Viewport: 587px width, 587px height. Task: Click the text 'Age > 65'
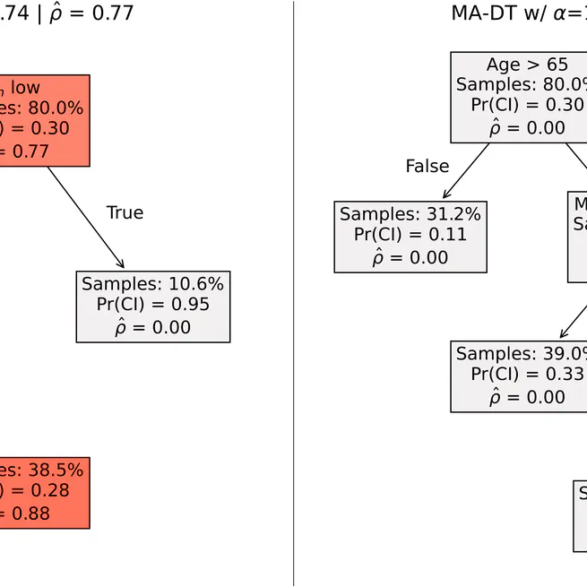point(527,65)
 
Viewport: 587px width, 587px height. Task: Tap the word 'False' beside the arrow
point(427,166)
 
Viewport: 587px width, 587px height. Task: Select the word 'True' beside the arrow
point(125,212)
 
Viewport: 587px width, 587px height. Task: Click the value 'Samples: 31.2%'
point(410,214)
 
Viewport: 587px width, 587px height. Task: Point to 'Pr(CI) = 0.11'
point(410,236)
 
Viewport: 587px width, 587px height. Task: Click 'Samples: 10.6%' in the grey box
point(153,284)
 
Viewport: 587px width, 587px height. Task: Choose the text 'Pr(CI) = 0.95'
point(153,306)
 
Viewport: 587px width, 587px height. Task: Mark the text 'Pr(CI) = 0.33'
point(529,375)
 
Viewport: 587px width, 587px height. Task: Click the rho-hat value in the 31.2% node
point(410,258)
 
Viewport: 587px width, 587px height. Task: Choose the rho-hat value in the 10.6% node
point(153,327)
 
